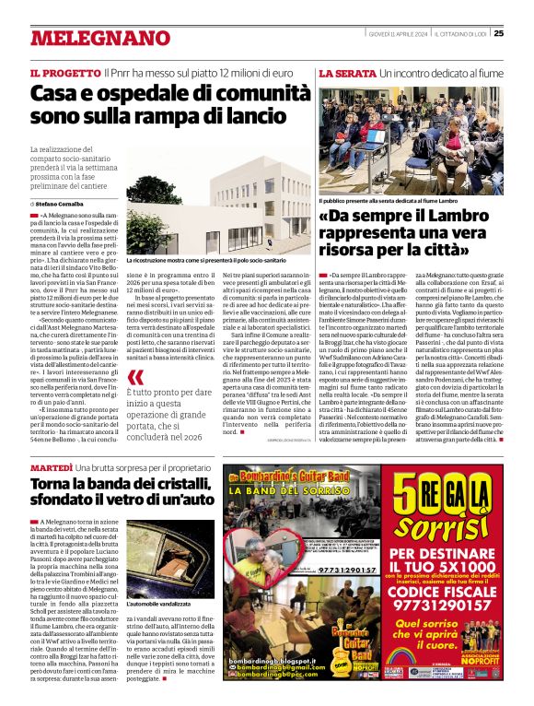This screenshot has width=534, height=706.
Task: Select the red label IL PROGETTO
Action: coord(64,73)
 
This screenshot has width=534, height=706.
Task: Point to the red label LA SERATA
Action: coord(342,73)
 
